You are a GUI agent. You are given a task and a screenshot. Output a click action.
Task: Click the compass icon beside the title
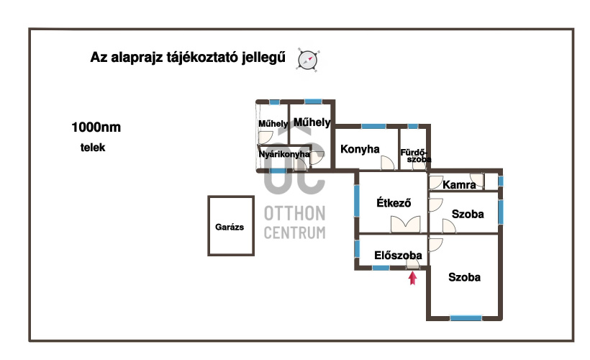308,60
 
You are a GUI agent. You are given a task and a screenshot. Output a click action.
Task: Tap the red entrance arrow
413,279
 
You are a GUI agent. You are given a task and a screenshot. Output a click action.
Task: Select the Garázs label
230,227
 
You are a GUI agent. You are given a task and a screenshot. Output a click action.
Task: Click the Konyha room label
360,149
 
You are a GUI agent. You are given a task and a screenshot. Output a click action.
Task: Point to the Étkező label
394,202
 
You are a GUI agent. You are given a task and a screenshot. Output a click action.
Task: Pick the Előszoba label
398,256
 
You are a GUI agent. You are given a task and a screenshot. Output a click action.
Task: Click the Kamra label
459,185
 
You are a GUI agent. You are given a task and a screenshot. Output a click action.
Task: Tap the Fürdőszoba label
415,156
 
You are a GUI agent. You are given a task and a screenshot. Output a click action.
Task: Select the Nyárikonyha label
284,154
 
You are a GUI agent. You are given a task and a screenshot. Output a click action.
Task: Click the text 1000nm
96,127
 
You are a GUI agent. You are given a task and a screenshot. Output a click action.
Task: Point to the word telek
93,147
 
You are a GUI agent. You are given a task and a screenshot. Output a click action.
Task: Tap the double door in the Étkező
405,225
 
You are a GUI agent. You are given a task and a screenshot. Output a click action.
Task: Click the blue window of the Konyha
373,126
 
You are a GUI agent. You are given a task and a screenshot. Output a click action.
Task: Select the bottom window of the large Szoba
466,318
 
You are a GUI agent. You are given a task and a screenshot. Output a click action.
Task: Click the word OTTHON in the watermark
294,214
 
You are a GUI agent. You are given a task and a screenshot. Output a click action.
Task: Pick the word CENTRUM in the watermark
294,233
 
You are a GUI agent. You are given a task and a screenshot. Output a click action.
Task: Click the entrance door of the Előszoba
413,265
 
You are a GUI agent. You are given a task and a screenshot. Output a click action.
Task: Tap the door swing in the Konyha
388,163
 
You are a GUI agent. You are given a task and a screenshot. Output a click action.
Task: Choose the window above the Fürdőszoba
413,126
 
